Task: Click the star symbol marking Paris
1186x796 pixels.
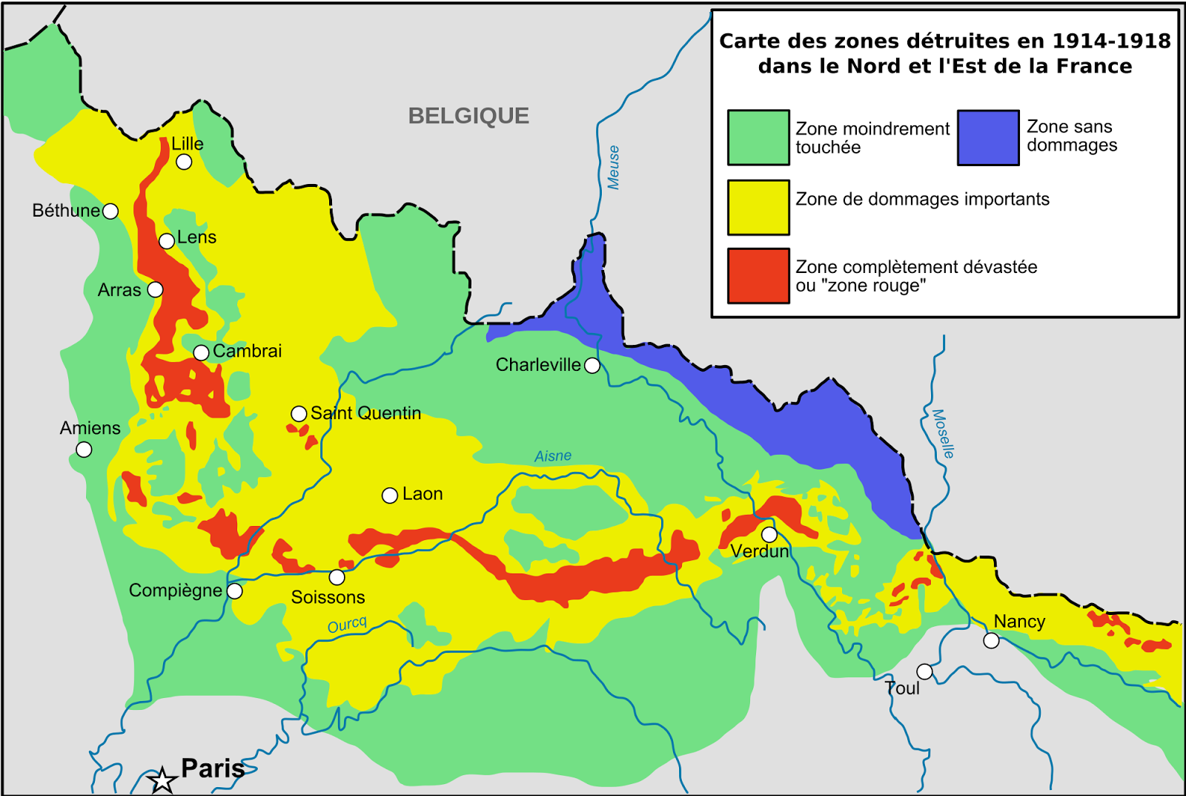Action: pyautogui.click(x=162, y=780)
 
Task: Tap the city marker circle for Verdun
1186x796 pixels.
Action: pyautogui.click(x=769, y=535)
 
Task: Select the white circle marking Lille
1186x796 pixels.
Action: pyautogui.click(x=184, y=162)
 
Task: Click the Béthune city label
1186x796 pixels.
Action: pyautogui.click(x=66, y=211)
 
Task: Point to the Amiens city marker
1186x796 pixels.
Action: pyautogui.click(x=85, y=450)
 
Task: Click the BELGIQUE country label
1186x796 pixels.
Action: pyautogui.click(x=468, y=116)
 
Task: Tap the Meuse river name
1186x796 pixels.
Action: pyautogui.click(x=613, y=168)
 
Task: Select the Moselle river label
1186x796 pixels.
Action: pyautogui.click(x=943, y=433)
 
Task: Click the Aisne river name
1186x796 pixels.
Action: pyautogui.click(x=553, y=455)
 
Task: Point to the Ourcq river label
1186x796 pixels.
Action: pyautogui.click(x=347, y=625)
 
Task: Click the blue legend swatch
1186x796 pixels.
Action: pyautogui.click(x=988, y=138)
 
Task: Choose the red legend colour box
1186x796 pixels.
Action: pyautogui.click(x=758, y=276)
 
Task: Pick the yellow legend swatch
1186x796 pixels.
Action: pyautogui.click(x=758, y=207)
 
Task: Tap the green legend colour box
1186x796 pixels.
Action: pyautogui.click(x=758, y=138)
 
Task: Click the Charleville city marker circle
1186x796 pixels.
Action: pyautogui.click(x=592, y=365)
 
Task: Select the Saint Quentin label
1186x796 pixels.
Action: pyautogui.click(x=365, y=413)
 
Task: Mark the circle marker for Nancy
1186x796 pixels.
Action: pyautogui.click(x=991, y=640)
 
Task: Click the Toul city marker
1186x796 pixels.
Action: pyautogui.click(x=924, y=671)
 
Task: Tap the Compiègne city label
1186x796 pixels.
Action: pyautogui.click(x=176, y=591)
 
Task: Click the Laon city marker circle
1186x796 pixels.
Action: pyautogui.click(x=390, y=496)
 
